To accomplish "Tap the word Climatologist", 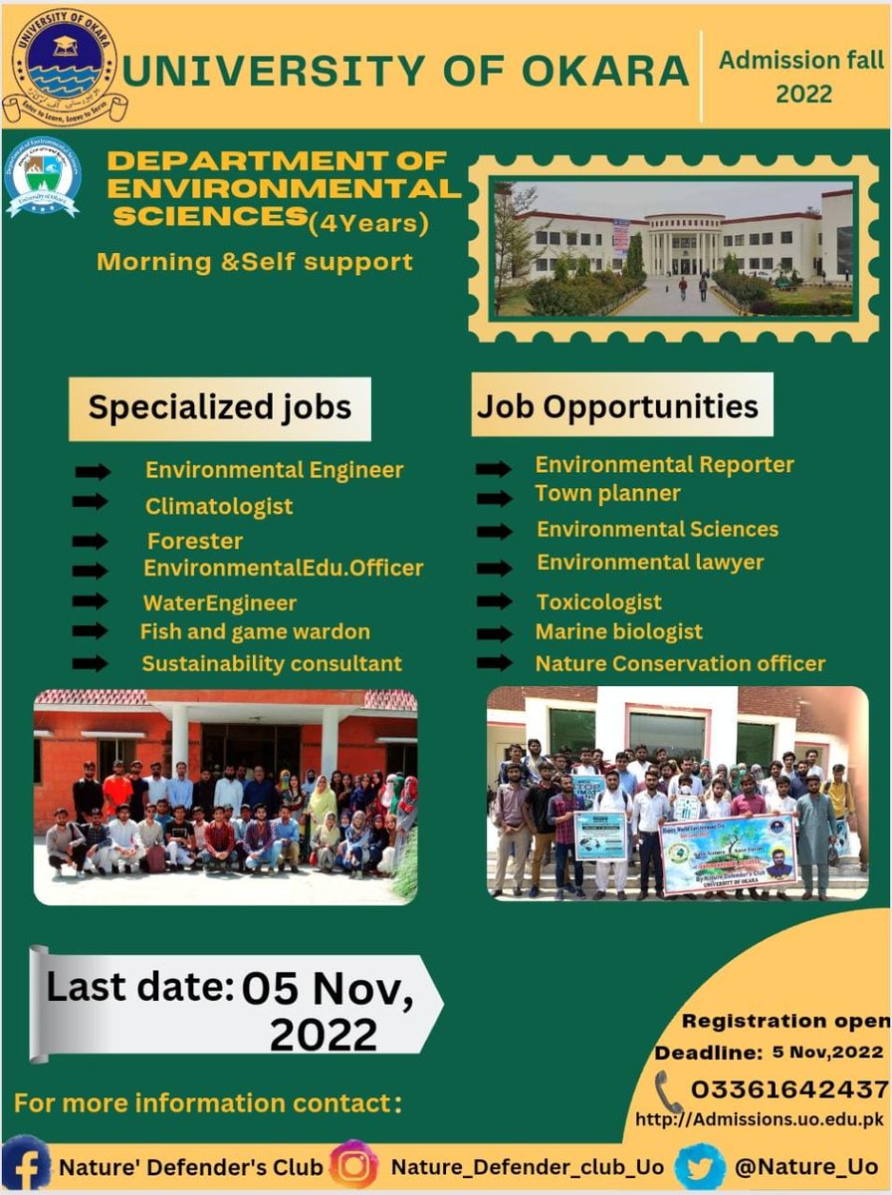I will (219, 506).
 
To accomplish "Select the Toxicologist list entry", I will (598, 602).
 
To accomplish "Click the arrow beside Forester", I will (91, 542).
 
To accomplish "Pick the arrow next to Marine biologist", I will (494, 632).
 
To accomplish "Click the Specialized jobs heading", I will (219, 407).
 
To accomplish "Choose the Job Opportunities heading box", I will (621, 405).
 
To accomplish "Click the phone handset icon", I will (669, 1090).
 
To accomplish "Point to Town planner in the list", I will (607, 493).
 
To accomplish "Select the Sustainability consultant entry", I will (271, 663).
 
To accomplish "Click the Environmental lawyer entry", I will (650, 563).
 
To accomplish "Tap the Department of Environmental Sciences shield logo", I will (43, 177).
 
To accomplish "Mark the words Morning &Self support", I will (254, 263).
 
